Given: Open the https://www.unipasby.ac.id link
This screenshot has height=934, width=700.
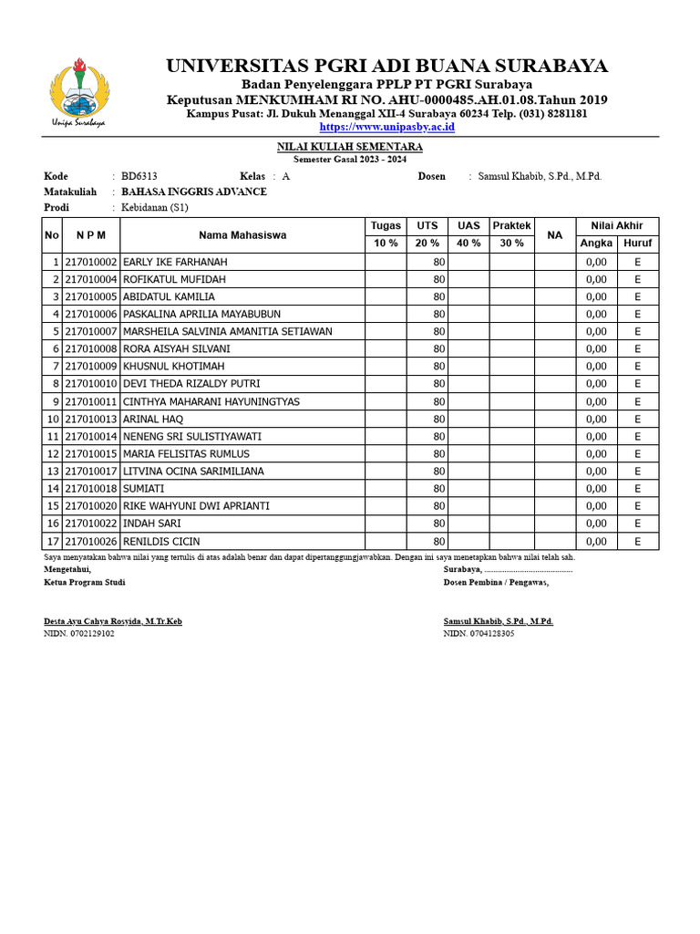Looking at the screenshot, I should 386,127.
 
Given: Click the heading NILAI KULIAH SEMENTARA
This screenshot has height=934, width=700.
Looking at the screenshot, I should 350,147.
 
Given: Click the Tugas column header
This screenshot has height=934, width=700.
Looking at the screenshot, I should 386,225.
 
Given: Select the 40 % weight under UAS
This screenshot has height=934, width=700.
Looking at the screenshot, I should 468,244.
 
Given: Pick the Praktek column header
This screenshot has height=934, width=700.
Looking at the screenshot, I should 511,225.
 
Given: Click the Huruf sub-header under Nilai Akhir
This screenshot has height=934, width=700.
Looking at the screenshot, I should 638,244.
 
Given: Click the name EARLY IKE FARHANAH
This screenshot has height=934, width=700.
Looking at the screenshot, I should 175,262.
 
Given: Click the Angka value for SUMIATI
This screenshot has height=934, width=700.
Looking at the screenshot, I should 596,489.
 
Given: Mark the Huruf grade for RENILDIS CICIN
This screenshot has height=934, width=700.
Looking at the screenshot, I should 638,541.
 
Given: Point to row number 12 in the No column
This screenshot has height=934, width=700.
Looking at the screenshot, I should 52,453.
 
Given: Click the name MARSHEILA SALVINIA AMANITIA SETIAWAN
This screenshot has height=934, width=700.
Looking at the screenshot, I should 227,331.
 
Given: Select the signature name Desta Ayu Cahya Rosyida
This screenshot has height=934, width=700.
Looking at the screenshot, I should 113,621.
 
